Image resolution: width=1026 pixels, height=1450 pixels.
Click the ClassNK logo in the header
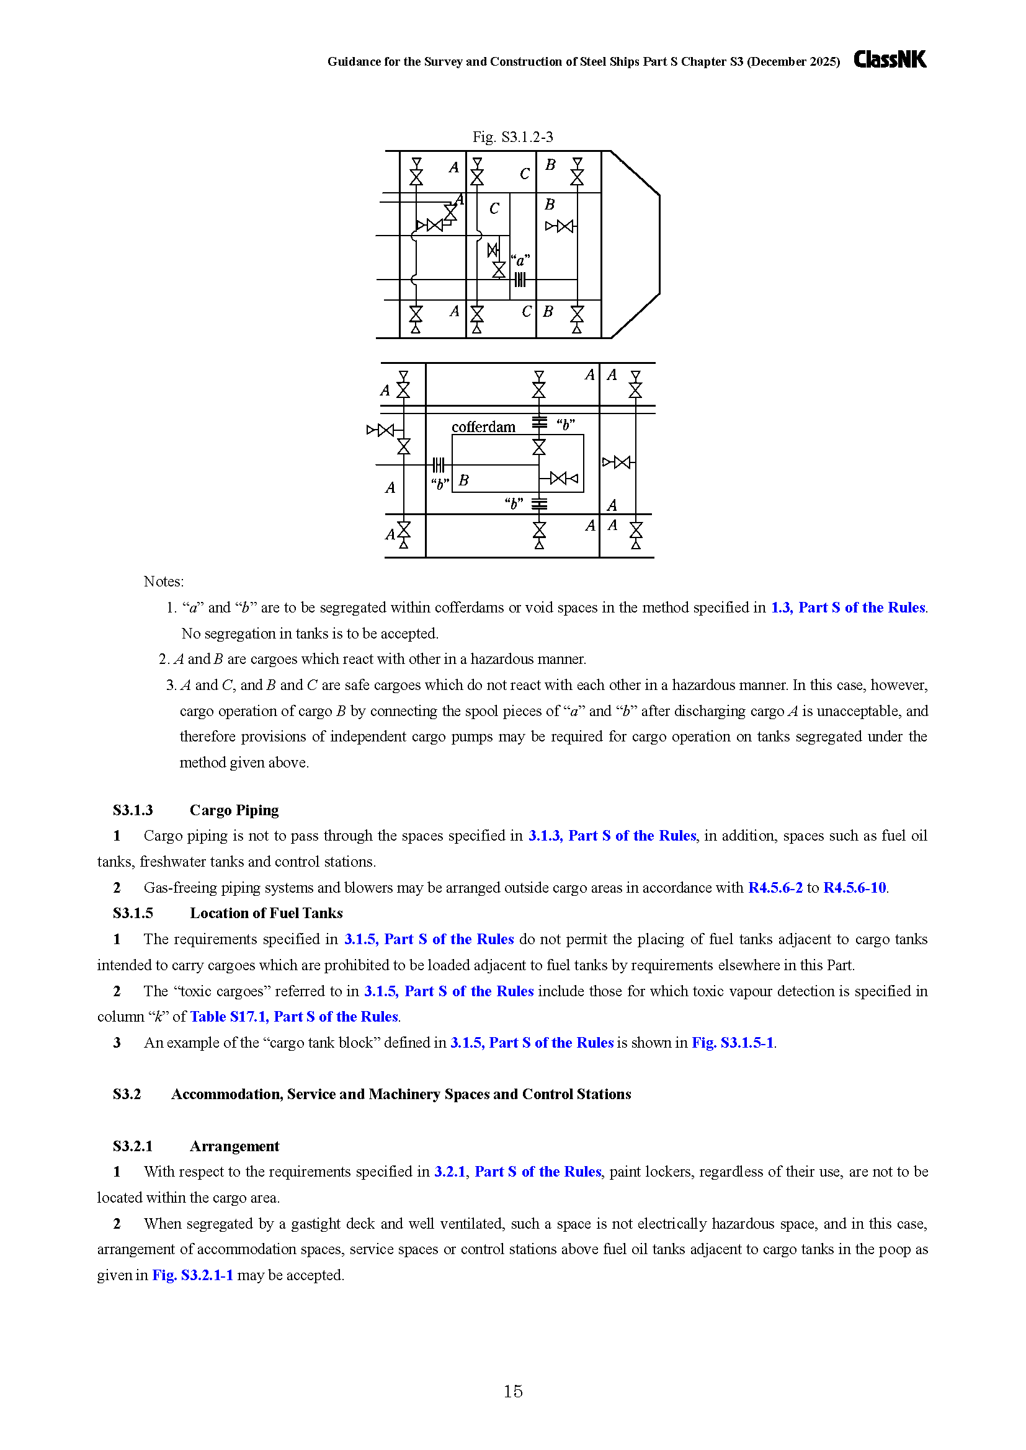tap(890, 60)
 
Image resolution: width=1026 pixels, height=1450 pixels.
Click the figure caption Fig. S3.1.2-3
tap(513, 137)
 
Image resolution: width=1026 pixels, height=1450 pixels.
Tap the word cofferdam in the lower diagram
tap(483, 427)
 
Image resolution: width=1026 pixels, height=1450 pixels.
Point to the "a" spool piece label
tap(520, 260)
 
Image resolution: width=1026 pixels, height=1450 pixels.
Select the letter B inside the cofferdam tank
tap(464, 480)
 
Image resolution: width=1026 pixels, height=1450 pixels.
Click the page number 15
tap(513, 1391)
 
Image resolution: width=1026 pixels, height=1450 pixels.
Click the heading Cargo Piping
tap(234, 810)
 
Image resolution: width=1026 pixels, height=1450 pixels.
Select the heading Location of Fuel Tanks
tap(266, 913)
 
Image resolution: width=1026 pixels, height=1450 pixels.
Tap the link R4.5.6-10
tap(855, 887)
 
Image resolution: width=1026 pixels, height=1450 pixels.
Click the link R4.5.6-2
tap(775, 887)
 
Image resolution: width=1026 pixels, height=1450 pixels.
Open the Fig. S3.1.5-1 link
tap(733, 1043)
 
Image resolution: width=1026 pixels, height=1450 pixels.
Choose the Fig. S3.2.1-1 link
tap(193, 1275)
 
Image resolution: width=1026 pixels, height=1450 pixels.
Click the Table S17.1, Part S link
tap(295, 1017)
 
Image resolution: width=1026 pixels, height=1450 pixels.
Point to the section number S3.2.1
tap(133, 1146)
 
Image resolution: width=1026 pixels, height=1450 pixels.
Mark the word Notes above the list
tap(164, 581)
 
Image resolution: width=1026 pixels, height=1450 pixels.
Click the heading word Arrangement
tap(234, 1146)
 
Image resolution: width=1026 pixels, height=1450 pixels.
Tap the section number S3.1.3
tap(133, 810)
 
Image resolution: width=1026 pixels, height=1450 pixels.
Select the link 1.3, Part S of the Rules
tap(849, 608)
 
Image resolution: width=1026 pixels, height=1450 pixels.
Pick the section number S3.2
tap(127, 1094)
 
